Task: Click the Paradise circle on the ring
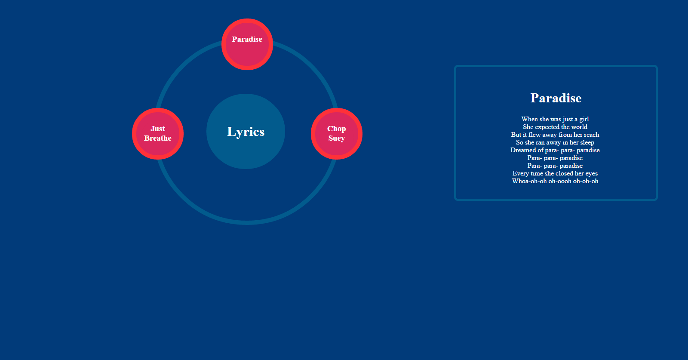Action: click(x=247, y=44)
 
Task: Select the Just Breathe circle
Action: click(x=158, y=134)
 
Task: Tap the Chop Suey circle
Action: click(x=337, y=134)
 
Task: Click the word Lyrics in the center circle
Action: click(x=246, y=132)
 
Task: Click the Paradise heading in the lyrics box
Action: click(x=556, y=98)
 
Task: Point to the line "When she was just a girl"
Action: click(x=555, y=119)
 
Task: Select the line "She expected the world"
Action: click(x=555, y=127)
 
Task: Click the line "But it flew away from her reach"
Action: click(x=555, y=135)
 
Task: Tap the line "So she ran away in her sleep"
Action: click(x=555, y=142)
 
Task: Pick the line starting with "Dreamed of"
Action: click(x=555, y=150)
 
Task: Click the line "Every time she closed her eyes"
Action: click(x=555, y=173)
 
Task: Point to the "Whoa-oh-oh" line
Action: click(x=555, y=181)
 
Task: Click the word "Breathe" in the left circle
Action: click(x=158, y=138)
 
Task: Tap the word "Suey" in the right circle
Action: click(x=337, y=138)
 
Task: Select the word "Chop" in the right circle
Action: click(x=337, y=129)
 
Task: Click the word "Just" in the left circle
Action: click(x=158, y=129)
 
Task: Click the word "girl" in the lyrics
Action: click(x=584, y=119)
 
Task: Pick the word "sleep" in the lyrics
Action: click(x=587, y=142)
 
